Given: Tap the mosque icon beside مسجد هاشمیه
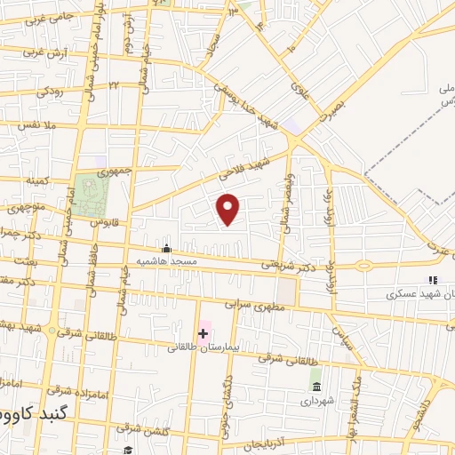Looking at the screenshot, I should coord(166,249).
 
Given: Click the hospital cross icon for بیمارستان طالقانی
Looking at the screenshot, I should coord(203,333).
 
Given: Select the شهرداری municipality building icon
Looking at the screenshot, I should coord(315,385).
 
